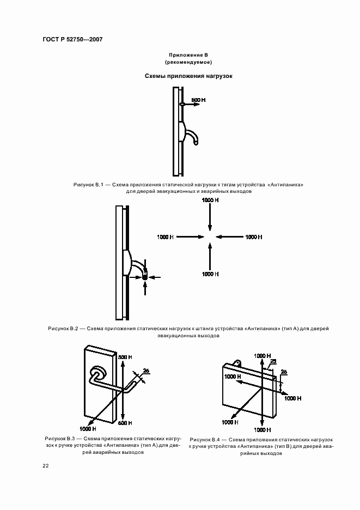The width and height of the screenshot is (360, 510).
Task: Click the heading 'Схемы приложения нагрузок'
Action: pos(188,76)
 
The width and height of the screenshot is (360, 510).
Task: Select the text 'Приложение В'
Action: pos(188,56)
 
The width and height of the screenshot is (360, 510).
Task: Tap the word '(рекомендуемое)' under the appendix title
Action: pos(188,63)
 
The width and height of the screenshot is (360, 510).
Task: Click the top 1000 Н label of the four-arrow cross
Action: pos(210,201)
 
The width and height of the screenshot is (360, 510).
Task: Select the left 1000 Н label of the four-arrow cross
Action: pos(165,237)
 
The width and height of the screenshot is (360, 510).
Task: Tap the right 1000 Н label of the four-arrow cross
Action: pos(254,237)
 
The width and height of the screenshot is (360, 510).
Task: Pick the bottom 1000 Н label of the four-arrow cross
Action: pos(210,274)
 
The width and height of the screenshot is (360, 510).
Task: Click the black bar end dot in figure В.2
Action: pos(145,277)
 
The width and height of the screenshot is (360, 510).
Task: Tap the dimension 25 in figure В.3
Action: pos(146,371)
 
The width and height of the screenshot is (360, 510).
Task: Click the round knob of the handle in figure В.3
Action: pos(98,373)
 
